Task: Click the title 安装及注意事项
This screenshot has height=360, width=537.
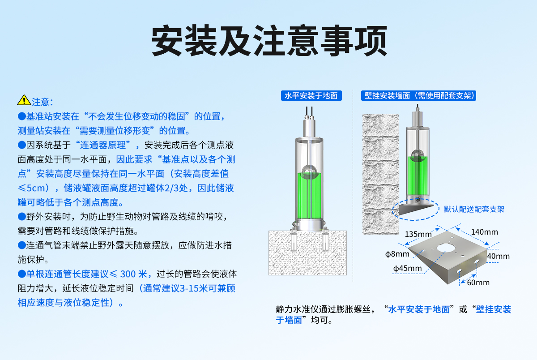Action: click(268, 41)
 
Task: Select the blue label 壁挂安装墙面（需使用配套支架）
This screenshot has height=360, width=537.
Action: click(419, 95)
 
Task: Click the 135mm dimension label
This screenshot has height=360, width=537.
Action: click(418, 234)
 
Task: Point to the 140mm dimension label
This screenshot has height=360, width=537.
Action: click(484, 232)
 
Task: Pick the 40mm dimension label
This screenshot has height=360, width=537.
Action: click(498, 256)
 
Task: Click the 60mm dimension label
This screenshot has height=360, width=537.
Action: click(478, 283)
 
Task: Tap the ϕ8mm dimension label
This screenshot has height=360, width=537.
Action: click(397, 254)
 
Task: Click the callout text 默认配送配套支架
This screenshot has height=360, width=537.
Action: click(474, 209)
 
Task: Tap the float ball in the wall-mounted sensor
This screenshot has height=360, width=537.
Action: click(417, 154)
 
